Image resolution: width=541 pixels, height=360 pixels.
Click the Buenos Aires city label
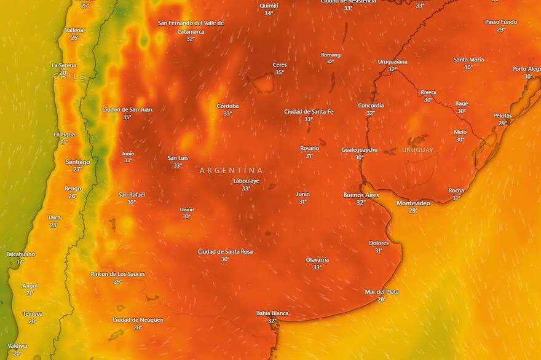pos(361,195)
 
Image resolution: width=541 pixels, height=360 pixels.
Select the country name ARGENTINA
pos(231,170)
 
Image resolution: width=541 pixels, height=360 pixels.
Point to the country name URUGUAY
pos(417,150)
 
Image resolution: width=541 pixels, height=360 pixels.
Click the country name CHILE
pos(69,76)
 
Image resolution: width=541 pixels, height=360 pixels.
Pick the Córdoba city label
pos(227,106)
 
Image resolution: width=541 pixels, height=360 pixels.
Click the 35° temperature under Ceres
pos(280,72)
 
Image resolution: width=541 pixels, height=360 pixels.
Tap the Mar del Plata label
pos(382,292)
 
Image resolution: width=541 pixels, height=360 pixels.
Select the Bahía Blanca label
pos(272,313)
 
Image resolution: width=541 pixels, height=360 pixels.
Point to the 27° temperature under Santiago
pos(77,170)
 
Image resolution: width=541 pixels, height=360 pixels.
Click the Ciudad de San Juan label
pos(127,109)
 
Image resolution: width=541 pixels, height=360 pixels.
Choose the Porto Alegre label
pos(527,69)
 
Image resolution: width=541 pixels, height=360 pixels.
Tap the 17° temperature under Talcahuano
pos(20,262)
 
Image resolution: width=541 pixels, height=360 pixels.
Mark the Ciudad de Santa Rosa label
pos(225,251)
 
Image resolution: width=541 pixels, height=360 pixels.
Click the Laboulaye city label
pos(246,181)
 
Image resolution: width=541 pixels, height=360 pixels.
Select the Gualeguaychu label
pos(360,149)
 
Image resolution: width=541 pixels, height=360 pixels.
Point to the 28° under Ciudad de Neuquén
pos(138,327)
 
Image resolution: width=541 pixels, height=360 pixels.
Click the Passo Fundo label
pos(501,22)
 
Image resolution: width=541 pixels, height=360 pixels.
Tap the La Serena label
pos(63,65)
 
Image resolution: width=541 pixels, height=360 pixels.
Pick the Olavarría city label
pos(317,259)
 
